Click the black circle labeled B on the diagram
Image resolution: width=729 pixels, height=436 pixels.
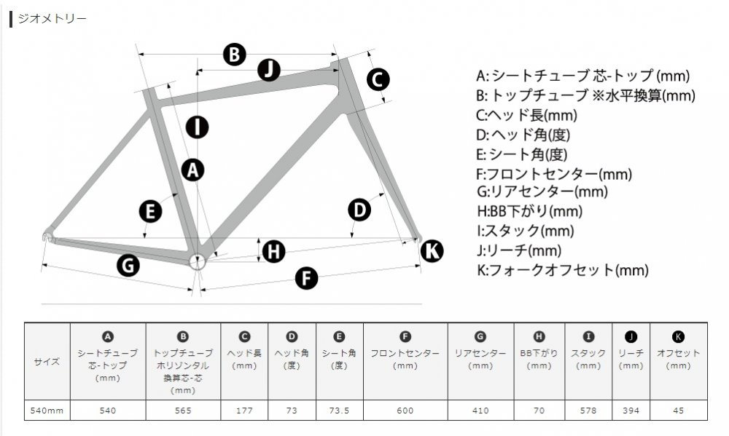(x=234, y=54)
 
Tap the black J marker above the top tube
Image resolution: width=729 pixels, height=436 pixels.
(x=269, y=70)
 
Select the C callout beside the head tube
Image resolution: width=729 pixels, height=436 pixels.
(x=378, y=79)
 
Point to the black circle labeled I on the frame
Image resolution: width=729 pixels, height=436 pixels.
(x=197, y=127)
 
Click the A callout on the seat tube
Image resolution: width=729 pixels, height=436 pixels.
(x=193, y=170)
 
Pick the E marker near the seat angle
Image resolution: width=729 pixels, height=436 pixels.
(x=151, y=212)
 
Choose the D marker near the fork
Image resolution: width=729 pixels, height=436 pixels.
(x=359, y=210)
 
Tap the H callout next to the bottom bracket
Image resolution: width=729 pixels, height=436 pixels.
(x=274, y=251)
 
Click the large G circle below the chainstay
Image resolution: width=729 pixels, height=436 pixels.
(x=128, y=265)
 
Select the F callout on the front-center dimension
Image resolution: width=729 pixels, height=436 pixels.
(x=306, y=278)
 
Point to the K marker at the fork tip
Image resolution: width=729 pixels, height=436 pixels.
(x=432, y=250)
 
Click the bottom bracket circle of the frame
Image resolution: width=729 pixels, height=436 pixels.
(x=197, y=261)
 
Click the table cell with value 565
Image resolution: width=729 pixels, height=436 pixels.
(x=183, y=411)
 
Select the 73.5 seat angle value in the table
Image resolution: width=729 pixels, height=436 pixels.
(x=340, y=411)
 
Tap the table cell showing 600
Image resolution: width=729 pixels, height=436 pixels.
(x=405, y=411)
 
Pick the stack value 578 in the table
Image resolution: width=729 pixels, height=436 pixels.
(x=588, y=411)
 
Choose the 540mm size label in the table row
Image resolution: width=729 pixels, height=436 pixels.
(x=47, y=411)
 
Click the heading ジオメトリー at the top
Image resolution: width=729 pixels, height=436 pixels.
(x=52, y=19)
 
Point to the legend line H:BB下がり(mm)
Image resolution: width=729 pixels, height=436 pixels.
(x=529, y=211)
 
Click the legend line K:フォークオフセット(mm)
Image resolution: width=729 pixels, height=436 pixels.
(x=563, y=270)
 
